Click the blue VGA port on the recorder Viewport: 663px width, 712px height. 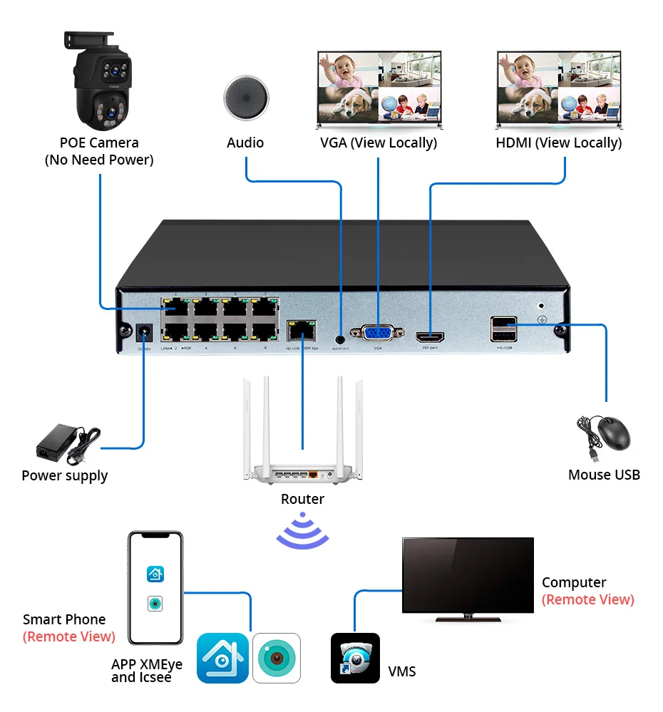(x=377, y=334)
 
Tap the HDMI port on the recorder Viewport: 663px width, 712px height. (x=429, y=335)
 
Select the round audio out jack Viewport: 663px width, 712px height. (x=340, y=331)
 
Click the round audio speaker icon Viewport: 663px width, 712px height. (x=246, y=98)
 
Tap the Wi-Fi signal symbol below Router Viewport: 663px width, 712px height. (x=302, y=531)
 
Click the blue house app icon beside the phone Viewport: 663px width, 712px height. (x=222, y=658)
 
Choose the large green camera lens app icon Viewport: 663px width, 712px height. (x=277, y=658)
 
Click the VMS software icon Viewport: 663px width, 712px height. (x=355, y=658)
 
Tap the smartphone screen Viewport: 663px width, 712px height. (x=155, y=588)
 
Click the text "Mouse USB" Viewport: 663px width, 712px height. (x=604, y=475)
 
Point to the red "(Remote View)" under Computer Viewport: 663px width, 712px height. (x=587, y=599)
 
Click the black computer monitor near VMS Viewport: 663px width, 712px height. (x=467, y=576)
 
